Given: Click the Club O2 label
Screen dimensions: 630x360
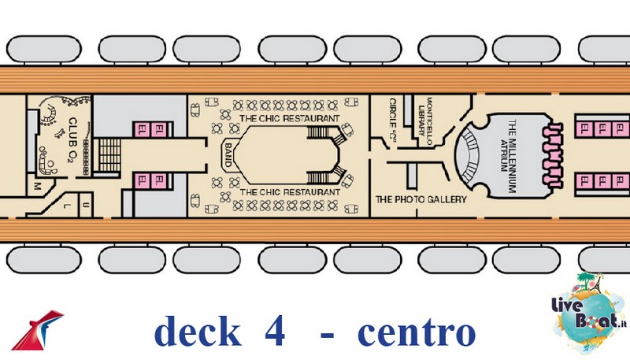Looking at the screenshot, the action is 72,139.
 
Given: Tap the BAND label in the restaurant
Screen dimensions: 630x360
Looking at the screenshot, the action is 228,155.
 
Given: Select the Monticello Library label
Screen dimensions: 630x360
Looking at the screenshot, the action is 425,116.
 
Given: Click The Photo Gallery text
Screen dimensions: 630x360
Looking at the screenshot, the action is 421,199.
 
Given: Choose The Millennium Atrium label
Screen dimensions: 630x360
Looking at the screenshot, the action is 508,156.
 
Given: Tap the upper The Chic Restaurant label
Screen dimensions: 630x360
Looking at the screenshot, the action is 289,118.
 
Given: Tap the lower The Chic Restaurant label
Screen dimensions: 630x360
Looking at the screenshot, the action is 290,192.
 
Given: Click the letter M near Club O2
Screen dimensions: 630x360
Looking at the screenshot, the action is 38,186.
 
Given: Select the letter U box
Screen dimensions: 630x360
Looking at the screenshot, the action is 85,205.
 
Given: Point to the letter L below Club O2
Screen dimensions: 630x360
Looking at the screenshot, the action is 67,206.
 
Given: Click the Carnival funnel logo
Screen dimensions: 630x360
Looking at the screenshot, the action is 37,330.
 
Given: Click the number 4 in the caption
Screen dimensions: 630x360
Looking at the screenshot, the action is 275,332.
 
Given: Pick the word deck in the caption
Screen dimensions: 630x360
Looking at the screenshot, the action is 197,331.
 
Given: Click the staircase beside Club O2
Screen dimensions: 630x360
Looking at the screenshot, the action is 109,155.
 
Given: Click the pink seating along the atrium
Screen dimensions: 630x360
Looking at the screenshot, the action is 553,155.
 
